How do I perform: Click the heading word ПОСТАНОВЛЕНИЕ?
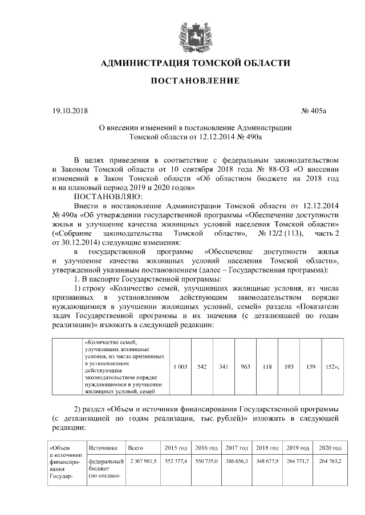(x=194, y=81)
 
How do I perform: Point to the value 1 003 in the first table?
(x=180, y=367)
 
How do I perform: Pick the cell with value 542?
(x=201, y=367)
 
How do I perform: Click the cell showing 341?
(x=224, y=367)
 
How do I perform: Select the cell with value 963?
(x=246, y=367)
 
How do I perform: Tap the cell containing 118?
(x=266, y=367)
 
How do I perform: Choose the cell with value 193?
(x=289, y=367)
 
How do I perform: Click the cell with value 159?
(x=311, y=367)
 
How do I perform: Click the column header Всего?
(x=136, y=448)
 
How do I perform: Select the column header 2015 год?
(x=175, y=448)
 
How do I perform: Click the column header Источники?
(x=103, y=448)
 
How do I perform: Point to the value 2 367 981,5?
(x=143, y=460)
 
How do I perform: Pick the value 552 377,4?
(x=175, y=460)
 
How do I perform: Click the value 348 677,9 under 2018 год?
(x=266, y=460)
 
